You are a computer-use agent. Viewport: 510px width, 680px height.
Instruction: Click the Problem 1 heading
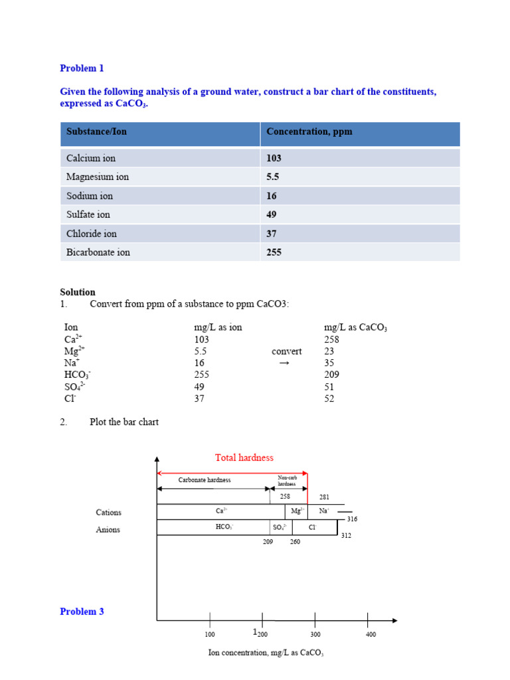[82, 68]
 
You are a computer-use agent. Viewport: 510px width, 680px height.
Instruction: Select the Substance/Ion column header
[96, 131]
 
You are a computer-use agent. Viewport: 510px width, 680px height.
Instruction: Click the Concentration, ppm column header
[309, 131]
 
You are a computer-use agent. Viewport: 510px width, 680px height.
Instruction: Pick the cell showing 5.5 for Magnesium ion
[273, 177]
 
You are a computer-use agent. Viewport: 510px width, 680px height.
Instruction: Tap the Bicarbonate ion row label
[98, 252]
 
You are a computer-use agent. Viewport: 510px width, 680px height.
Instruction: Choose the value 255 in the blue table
[274, 252]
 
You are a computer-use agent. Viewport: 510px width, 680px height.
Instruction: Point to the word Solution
[78, 292]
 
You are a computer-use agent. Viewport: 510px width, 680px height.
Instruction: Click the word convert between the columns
[286, 351]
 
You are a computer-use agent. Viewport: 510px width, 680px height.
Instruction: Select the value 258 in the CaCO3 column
[331, 339]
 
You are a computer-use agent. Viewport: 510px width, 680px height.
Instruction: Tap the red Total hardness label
[244, 458]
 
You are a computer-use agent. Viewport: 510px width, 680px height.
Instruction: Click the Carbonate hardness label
[205, 480]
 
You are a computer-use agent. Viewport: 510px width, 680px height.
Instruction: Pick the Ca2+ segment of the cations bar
[221, 511]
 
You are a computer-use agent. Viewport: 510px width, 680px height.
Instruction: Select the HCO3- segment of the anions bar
[224, 527]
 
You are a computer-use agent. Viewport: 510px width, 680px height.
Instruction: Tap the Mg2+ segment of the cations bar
[297, 511]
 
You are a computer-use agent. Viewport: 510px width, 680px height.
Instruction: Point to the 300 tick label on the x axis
[315, 635]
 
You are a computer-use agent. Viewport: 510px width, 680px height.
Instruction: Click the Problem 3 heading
[82, 612]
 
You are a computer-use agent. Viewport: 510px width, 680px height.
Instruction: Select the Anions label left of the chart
[108, 530]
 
